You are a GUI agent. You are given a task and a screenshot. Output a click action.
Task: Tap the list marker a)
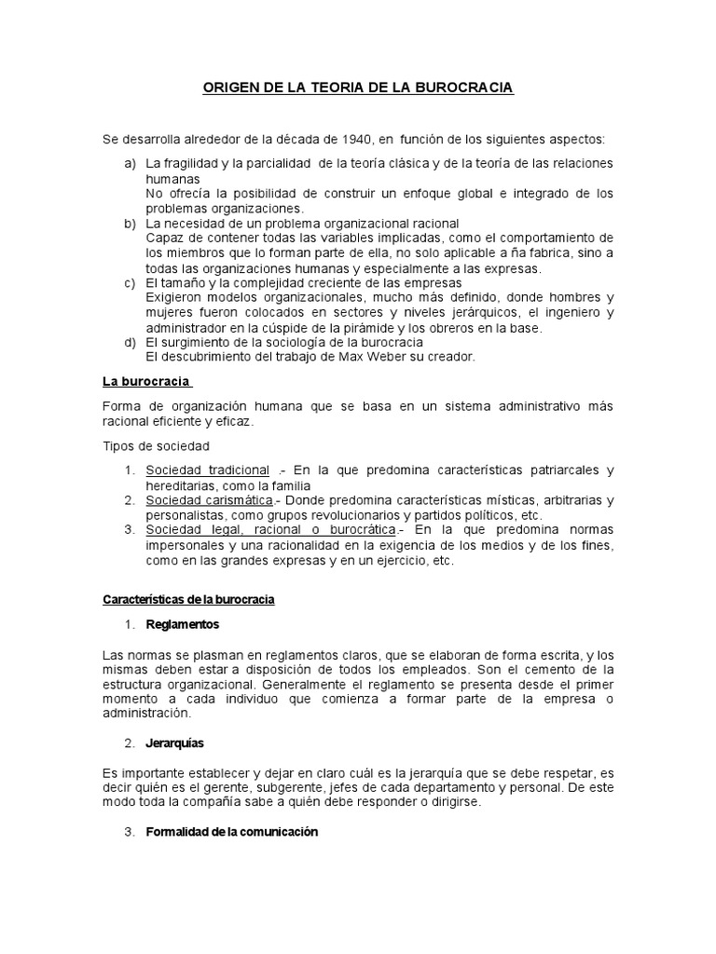pyautogui.click(x=131, y=163)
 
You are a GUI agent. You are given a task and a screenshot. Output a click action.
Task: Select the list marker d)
pyautogui.click(x=131, y=342)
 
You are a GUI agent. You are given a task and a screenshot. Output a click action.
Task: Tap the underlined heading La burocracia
pyautogui.click(x=146, y=382)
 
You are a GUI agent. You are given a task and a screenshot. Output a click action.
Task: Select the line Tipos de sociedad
pyautogui.click(x=156, y=446)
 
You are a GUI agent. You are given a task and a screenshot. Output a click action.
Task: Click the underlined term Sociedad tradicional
pyautogui.click(x=207, y=470)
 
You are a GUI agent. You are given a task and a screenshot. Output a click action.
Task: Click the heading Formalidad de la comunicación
pyautogui.click(x=232, y=832)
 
